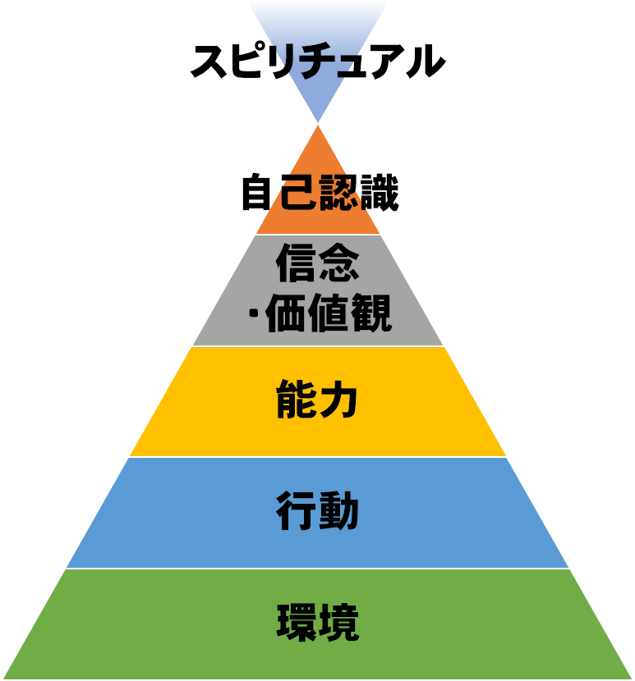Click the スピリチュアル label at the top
[x=318, y=61]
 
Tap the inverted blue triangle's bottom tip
[x=318, y=122]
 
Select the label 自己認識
[x=320, y=192]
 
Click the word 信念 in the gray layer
[x=318, y=262]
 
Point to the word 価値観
[x=329, y=313]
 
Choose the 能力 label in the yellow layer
[x=317, y=399]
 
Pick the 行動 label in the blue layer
[x=317, y=510]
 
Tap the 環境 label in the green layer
[x=318, y=623]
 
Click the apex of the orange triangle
[x=318, y=126]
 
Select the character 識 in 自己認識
[x=380, y=192]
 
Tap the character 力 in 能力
[x=338, y=399]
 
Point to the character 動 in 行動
[x=338, y=510]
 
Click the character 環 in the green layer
[x=297, y=623]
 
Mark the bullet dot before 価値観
[x=254, y=312]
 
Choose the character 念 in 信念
[x=339, y=262]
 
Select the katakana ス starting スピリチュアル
[x=209, y=62]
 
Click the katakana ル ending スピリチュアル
[x=426, y=62]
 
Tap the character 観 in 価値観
[x=372, y=313]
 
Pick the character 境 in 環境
[x=339, y=623]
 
